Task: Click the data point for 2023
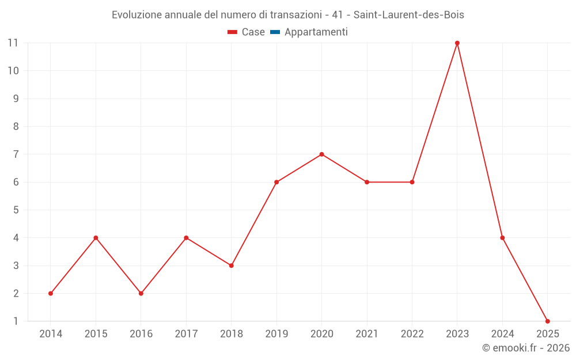[x=457, y=43]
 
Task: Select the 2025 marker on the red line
[x=548, y=321]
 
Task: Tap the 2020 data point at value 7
[x=321, y=154]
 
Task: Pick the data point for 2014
[x=51, y=294]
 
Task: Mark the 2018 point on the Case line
[x=231, y=266]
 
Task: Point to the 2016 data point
[x=141, y=294]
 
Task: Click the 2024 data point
[x=502, y=238]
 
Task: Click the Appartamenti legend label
[x=316, y=32]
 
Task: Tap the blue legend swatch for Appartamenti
[x=274, y=32]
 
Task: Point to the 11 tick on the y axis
[x=13, y=43]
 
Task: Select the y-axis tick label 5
[x=16, y=210]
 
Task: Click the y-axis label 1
[x=16, y=321]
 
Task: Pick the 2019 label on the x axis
[x=276, y=334]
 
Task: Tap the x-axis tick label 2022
[x=412, y=334]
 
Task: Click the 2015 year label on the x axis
[x=96, y=334]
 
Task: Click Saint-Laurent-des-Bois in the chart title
[x=408, y=15]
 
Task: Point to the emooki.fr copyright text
[x=526, y=348]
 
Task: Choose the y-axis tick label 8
[x=16, y=127]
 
